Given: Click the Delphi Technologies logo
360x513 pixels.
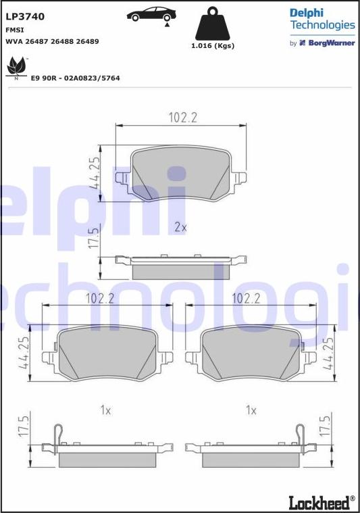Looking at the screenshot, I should coord(322,19).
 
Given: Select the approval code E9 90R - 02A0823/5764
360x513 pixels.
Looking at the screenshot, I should coord(75,78).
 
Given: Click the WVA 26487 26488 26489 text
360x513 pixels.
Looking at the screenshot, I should coord(52,41).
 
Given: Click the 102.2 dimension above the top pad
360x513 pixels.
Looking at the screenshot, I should coord(182,118).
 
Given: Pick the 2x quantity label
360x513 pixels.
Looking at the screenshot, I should coord(180,227).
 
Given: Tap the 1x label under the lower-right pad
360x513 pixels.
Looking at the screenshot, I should coord(251,410).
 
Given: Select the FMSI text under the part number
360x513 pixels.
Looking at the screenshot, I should coord(14,30).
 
